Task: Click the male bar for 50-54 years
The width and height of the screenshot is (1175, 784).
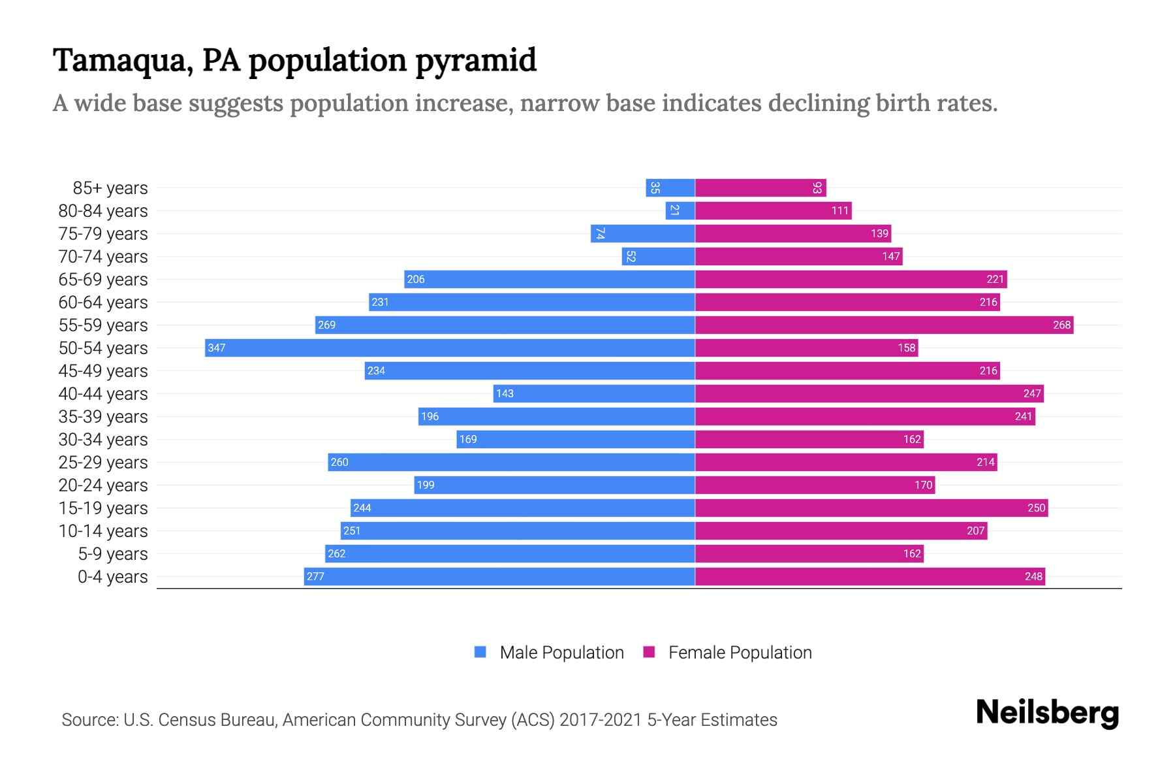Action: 450,348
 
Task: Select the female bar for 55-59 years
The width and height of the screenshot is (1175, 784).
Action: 884,325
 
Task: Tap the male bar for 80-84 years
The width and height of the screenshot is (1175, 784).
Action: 680,210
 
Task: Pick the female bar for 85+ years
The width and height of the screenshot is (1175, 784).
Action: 760,188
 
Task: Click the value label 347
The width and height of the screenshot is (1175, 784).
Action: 216,348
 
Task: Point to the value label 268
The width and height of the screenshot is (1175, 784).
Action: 1061,325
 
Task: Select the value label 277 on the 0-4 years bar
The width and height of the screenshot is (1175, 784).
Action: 315,576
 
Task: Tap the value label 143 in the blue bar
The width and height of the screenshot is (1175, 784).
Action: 505,393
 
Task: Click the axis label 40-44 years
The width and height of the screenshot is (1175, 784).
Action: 103,393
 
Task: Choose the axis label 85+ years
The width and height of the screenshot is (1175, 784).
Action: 110,188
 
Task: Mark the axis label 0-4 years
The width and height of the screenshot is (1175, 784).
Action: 112,576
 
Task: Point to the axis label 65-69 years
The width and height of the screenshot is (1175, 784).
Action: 103,279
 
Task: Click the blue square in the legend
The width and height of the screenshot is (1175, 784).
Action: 480,652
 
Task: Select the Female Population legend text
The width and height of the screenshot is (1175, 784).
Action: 740,652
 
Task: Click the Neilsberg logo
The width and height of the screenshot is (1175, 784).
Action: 1047,713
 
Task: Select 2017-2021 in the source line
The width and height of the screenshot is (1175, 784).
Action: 601,719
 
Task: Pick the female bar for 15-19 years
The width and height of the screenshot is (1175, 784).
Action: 871,508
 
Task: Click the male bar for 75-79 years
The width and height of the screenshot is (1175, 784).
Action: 642,233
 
